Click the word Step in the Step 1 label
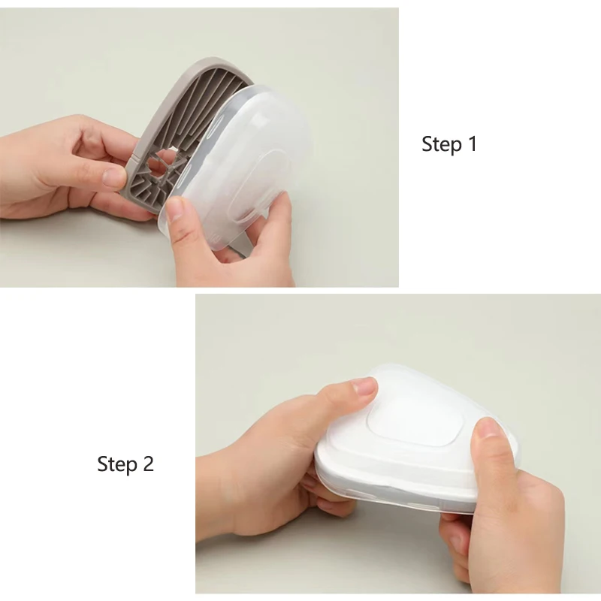[x=442, y=144]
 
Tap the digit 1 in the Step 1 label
[x=473, y=143]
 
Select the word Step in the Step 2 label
[x=117, y=464]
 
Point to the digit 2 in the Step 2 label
[x=149, y=464]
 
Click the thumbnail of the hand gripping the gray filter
[x=114, y=177]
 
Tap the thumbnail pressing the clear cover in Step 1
[x=175, y=208]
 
